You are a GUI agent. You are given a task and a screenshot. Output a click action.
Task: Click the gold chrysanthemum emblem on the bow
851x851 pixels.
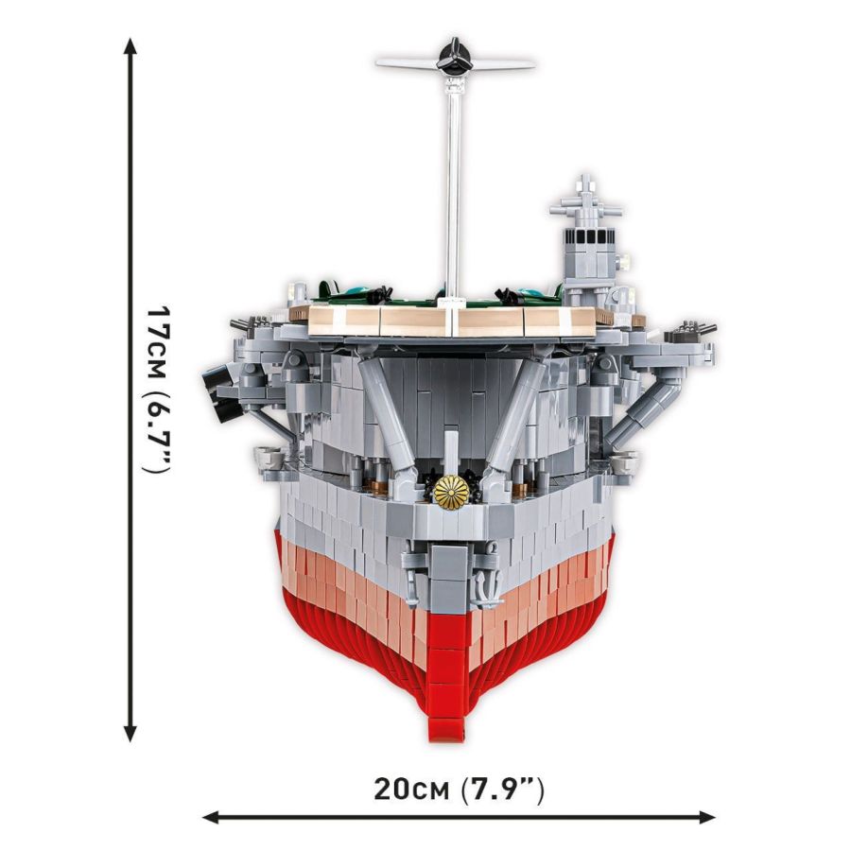(x=451, y=493)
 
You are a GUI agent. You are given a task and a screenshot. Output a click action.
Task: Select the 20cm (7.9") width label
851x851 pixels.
(x=458, y=790)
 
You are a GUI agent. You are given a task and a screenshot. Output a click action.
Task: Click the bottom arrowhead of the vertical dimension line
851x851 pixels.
(x=130, y=733)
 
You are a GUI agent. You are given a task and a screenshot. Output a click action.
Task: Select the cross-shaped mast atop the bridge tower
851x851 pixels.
(x=584, y=200)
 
